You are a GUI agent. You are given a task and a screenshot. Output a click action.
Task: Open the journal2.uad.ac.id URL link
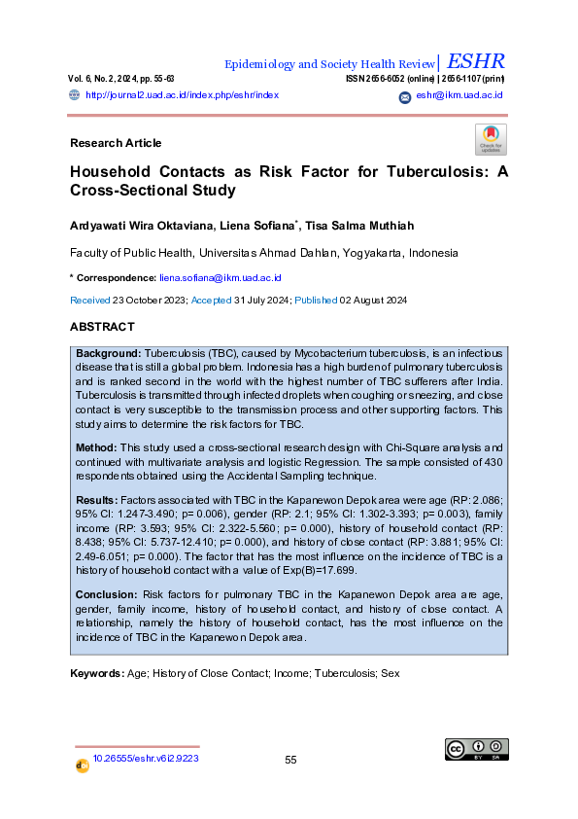183,95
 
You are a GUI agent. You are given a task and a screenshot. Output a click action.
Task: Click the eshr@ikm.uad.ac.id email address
459,95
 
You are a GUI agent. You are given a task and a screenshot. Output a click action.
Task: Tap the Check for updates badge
491,139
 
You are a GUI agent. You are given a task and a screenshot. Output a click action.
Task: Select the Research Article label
116,143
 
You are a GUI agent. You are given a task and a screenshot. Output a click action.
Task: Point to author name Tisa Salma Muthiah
359,226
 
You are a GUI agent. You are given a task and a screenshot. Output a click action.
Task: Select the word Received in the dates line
90,302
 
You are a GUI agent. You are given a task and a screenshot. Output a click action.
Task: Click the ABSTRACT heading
102,327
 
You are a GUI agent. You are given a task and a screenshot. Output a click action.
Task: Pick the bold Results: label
98,498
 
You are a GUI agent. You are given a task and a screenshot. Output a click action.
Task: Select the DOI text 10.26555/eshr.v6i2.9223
146,758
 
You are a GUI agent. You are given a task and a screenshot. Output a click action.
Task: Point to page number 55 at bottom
290,760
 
